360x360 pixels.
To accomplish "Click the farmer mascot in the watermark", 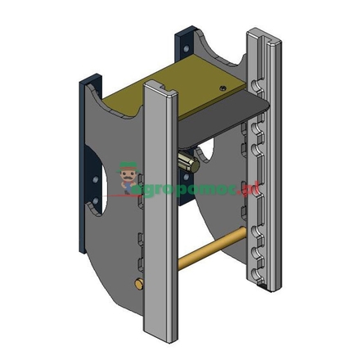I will [128, 175].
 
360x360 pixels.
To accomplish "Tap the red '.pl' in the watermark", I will [255, 189].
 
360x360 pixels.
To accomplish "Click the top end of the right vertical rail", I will [263, 34].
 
